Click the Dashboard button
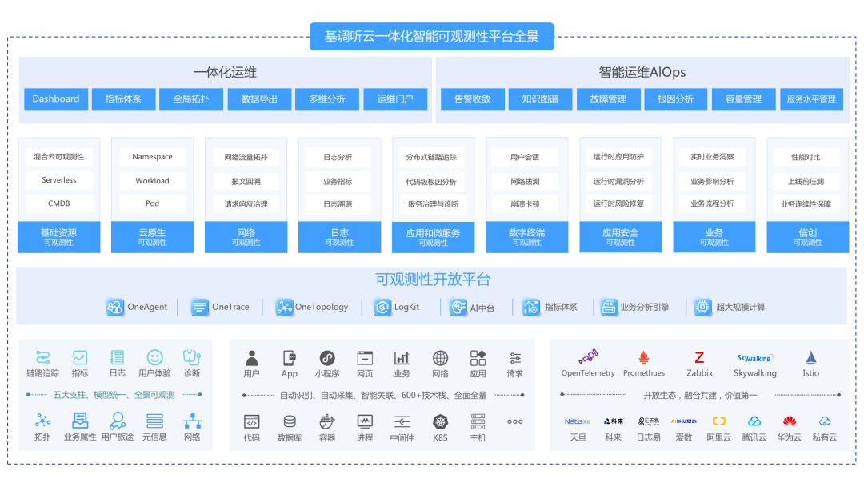point(56,99)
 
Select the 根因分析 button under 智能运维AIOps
point(675,99)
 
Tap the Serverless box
point(59,180)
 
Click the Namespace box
point(152,157)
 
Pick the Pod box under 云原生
point(152,203)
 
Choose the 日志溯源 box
point(338,203)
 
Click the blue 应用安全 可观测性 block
point(621,236)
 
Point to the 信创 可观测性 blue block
point(808,236)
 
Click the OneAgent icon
point(115,307)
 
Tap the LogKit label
point(406,307)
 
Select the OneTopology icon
point(284,307)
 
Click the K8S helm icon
point(440,421)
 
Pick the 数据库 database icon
point(290,421)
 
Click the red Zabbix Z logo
point(699,357)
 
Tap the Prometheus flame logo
point(644,357)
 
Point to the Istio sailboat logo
point(811,357)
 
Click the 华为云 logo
point(790,421)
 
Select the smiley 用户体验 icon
point(154,357)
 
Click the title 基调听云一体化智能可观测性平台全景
point(431,37)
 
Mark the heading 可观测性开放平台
point(433,280)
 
